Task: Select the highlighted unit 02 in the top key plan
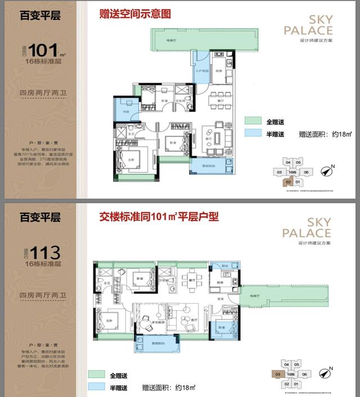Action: point(288,182)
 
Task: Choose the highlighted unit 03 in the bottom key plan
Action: point(277,374)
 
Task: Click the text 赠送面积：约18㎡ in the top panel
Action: point(325,134)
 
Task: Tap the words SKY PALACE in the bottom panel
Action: point(308,228)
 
